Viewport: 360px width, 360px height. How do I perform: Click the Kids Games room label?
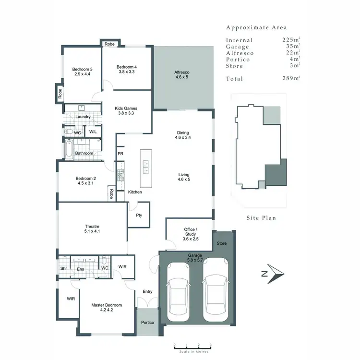coord(126,109)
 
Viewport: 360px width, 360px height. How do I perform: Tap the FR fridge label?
coord(120,154)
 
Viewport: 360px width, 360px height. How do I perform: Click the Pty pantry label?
coord(139,216)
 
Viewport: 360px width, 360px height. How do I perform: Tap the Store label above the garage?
coord(221,243)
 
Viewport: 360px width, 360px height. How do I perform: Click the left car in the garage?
coord(178,297)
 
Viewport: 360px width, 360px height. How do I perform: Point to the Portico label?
coord(147,322)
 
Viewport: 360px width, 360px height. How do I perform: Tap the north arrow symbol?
coord(273,274)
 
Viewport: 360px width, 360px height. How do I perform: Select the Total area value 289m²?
coord(291,78)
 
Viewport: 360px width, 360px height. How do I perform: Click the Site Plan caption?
coord(261,217)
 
